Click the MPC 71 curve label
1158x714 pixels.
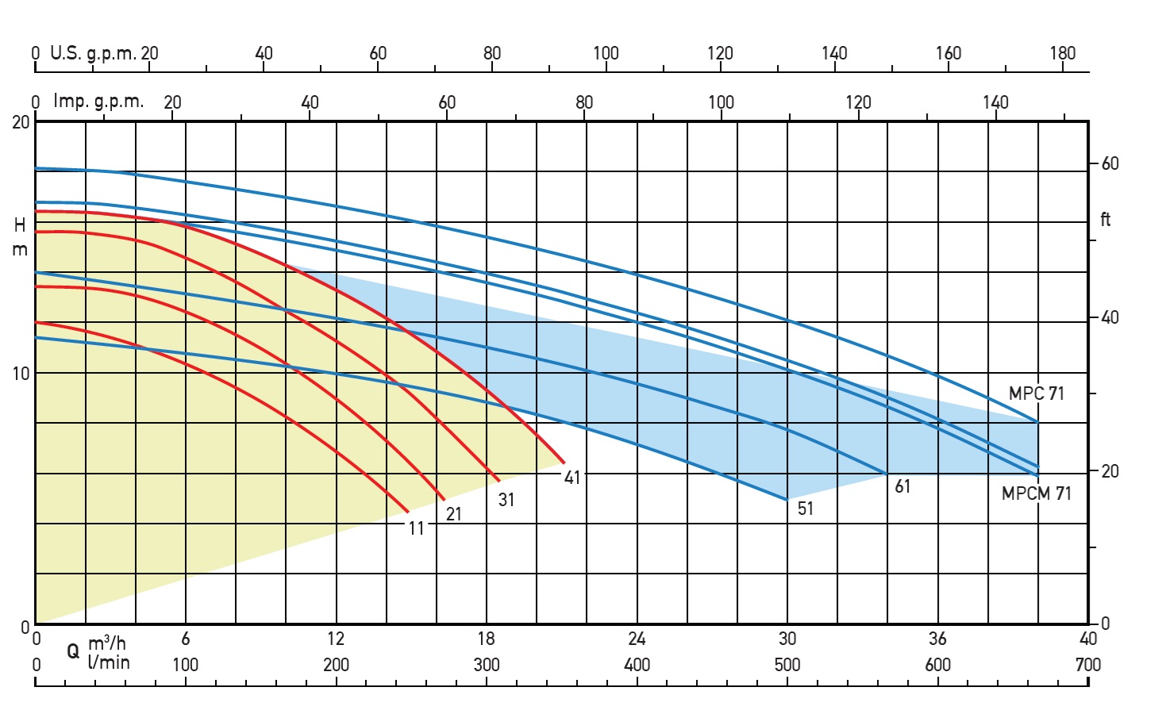1036,393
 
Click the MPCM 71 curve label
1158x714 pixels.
1036,493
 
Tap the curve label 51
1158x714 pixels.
806,509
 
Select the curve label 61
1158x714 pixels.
902,486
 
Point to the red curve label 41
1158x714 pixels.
572,478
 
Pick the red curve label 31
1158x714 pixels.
506,500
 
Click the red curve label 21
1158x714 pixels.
454,514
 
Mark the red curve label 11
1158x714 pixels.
417,528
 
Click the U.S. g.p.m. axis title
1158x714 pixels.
92,53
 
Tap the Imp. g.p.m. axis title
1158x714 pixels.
98,102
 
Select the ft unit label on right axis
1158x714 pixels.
1106,219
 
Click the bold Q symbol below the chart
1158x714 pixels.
73,651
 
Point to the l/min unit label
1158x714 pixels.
109,662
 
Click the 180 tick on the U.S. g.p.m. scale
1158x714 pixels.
1063,53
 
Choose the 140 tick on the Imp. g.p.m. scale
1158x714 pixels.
995,102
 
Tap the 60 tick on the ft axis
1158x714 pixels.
1110,163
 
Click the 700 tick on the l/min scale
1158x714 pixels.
1088,665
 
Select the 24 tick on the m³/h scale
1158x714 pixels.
637,639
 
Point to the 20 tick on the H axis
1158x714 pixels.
21,122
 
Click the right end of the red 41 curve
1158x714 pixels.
564,462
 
